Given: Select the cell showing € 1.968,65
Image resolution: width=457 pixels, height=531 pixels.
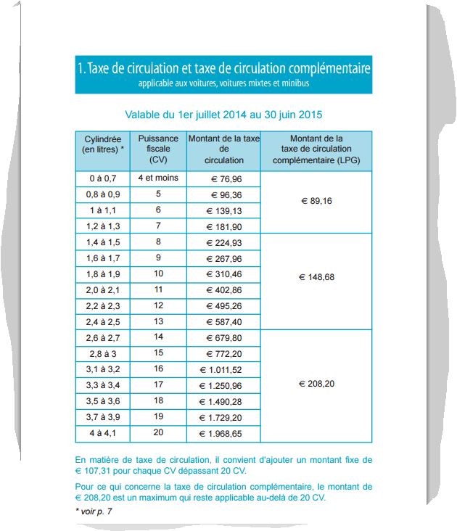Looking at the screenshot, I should coord(223,435).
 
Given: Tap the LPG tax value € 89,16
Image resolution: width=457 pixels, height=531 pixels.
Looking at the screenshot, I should coord(316,202).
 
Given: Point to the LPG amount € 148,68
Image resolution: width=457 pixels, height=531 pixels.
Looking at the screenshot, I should coord(316,277).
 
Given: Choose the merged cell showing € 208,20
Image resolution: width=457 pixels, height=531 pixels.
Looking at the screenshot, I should coord(316,384).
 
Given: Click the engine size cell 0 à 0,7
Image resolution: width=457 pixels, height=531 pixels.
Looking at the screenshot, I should coord(102,178).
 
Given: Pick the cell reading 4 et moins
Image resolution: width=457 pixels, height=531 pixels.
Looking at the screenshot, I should coord(157,178).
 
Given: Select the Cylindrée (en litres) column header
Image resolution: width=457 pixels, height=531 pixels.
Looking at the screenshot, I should coord(102,144).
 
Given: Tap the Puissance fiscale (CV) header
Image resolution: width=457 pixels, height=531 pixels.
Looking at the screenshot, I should coord(157,149).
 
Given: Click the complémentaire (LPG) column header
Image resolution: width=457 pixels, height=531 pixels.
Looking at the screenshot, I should coord(316,149).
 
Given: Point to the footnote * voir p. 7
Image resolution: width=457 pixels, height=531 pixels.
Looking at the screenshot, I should coord(94,511).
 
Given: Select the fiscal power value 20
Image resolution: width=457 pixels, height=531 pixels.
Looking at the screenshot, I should coord(157,433).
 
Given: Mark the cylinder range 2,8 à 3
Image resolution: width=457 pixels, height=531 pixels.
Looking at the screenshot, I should coord(102,354).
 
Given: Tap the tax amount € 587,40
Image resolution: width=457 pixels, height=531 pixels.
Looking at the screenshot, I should coord(223,322).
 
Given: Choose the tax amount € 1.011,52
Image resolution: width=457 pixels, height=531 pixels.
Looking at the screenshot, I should coord(223,370).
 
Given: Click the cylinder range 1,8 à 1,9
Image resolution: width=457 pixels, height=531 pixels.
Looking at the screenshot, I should coord(102,274).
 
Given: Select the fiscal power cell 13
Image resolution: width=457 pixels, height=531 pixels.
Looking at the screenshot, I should coord(157,321).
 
